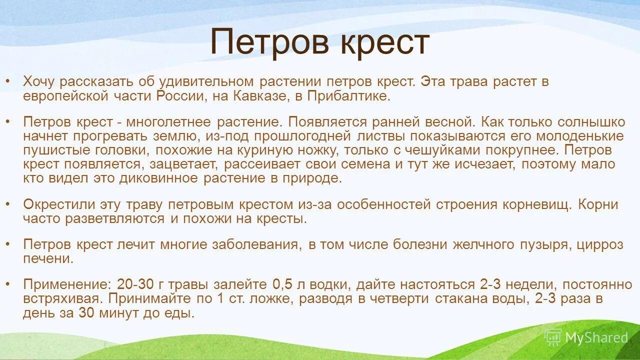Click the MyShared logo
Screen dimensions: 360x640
[x=586, y=337]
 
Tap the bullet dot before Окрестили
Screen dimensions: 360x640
[x=7, y=204]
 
